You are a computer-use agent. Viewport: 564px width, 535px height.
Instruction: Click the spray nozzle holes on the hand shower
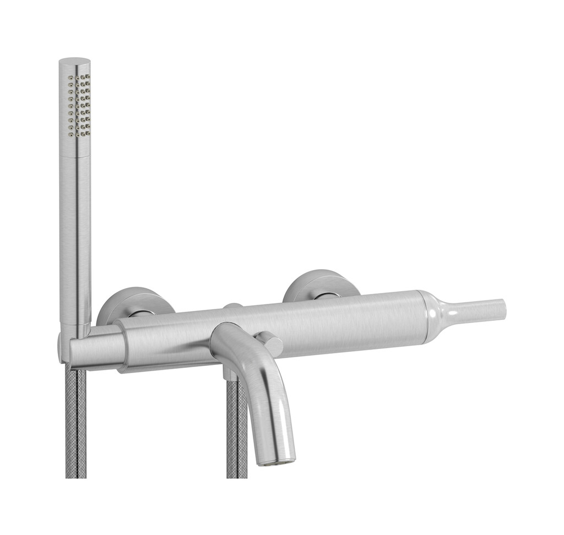(79, 105)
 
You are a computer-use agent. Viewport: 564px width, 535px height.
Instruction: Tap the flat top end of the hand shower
(74, 61)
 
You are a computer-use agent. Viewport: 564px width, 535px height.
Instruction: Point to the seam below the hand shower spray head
(75, 156)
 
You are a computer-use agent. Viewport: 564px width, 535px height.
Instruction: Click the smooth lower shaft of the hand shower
(75, 237)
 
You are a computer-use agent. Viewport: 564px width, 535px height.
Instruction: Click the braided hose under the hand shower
(76, 424)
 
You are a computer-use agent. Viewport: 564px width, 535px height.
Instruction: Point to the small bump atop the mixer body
(232, 305)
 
